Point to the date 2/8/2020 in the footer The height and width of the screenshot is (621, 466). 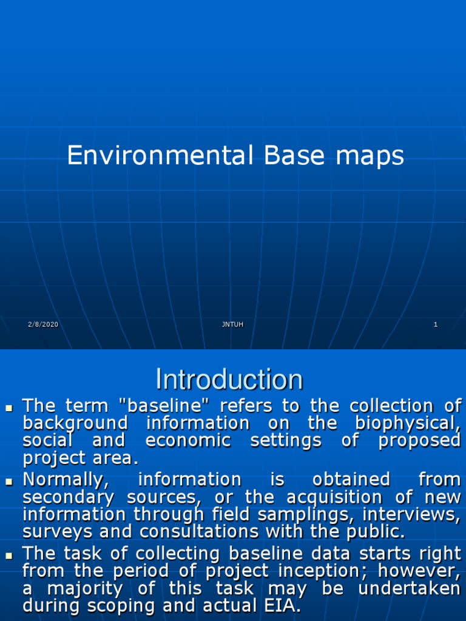pyautogui.click(x=43, y=324)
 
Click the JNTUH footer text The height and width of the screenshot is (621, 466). pyautogui.click(x=232, y=324)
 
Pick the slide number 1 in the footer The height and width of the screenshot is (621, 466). pyautogui.click(x=436, y=324)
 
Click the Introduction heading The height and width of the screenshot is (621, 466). pyautogui.click(x=229, y=380)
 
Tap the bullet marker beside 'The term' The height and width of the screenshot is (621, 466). pyautogui.click(x=9, y=407)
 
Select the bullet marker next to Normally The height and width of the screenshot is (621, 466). pyautogui.click(x=9, y=482)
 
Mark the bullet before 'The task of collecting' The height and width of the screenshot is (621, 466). pyautogui.click(x=9, y=556)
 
